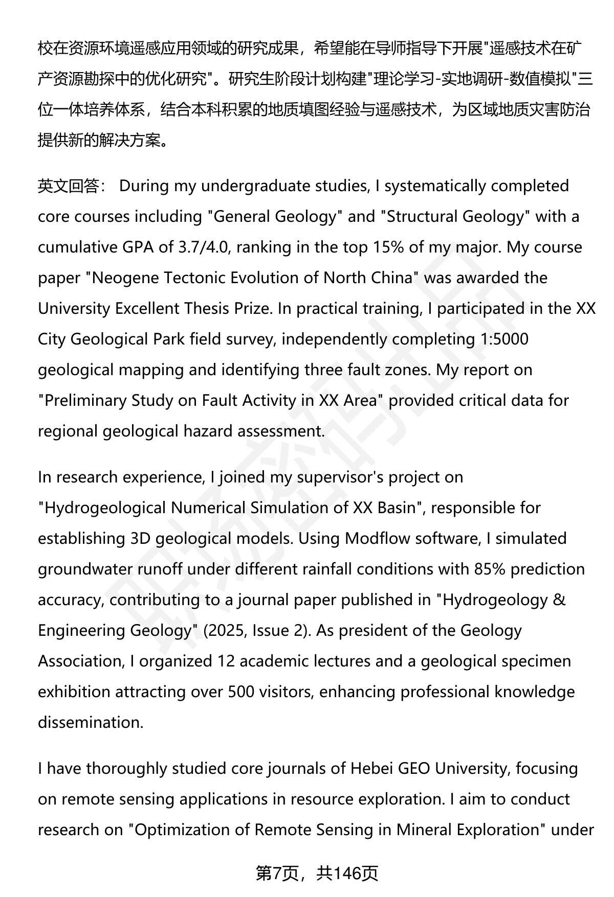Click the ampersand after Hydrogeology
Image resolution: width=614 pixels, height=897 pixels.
(x=559, y=600)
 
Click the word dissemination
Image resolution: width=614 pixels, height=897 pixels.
(x=90, y=723)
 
